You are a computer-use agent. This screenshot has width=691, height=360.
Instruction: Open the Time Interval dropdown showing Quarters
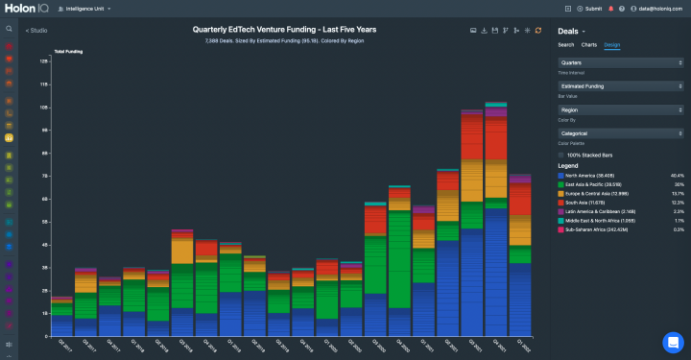619,64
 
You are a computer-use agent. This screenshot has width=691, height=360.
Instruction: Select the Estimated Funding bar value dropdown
619,86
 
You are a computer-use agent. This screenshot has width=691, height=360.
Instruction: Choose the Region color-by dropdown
619,110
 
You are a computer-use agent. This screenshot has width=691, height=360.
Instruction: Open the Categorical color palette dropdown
619,133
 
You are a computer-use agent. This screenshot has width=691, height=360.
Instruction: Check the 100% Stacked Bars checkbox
561,155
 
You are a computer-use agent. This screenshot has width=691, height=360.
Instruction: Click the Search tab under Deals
566,44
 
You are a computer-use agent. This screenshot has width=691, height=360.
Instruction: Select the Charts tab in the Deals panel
588,44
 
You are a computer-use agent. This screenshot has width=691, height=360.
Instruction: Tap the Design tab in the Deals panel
611,44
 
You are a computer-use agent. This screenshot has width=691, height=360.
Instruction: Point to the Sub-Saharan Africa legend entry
600,229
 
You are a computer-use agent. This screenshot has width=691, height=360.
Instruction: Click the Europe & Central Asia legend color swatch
561,194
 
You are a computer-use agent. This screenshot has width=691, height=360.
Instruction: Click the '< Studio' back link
36,31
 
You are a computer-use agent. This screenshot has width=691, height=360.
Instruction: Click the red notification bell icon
610,9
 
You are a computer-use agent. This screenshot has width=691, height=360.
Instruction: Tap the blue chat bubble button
672,342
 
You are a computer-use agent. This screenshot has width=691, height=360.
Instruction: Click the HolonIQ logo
28,9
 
